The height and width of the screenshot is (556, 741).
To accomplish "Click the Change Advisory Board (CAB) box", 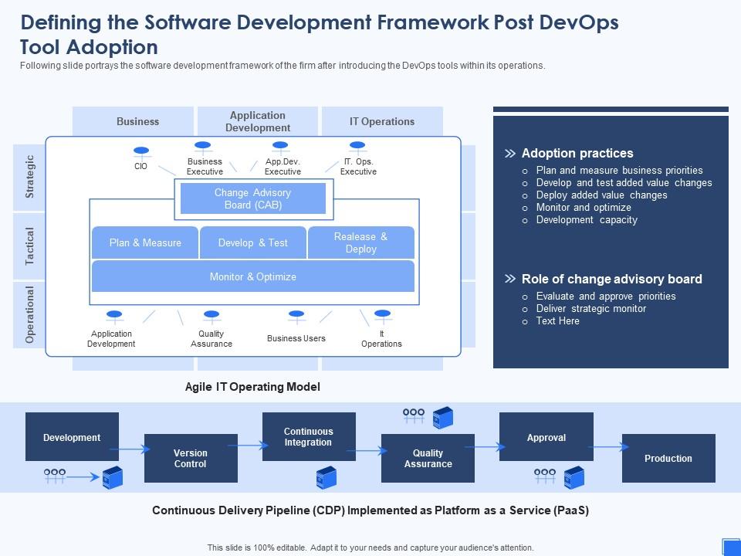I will tap(253, 198).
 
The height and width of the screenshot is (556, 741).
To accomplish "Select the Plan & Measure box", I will tap(145, 242).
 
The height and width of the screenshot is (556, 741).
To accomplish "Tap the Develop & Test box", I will tap(253, 242).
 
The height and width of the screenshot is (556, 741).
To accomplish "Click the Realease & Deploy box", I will tap(361, 242).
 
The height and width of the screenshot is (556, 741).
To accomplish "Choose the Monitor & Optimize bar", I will tap(253, 276).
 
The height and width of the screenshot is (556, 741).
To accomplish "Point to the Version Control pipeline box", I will tap(191, 458).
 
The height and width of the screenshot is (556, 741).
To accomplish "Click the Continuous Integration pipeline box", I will tap(309, 437).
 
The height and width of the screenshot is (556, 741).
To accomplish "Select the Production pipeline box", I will tap(668, 458).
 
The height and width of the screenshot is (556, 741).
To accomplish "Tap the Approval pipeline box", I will tap(546, 437).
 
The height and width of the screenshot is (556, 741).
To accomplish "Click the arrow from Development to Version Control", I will tap(131, 448).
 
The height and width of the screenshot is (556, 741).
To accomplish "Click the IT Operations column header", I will tap(382, 121).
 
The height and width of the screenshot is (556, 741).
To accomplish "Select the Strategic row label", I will tap(30, 177).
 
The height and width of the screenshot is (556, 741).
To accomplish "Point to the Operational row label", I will tap(30, 314).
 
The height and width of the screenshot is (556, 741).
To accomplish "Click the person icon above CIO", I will tap(140, 151).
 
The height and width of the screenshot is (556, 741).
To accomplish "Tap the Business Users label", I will tap(296, 338).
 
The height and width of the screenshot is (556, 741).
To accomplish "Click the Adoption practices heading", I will tap(577, 153).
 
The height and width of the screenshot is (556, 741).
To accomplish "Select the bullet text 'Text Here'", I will tap(557, 320).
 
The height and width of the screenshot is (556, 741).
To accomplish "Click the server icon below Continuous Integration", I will tap(326, 479).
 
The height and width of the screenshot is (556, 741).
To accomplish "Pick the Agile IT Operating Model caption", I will tap(252, 387).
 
